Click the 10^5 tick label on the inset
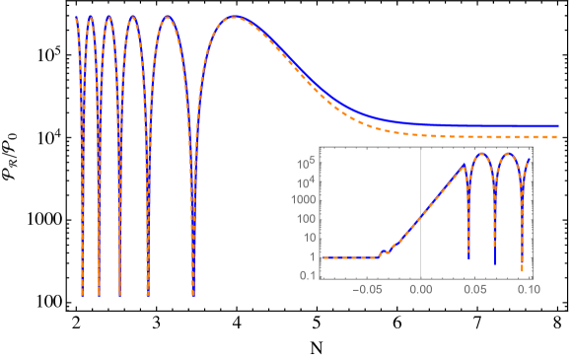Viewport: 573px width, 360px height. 307,160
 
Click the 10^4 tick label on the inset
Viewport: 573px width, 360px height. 307,180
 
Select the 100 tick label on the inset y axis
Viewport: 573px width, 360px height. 305,218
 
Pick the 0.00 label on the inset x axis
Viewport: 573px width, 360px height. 421,291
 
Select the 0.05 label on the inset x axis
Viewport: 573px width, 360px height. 474,291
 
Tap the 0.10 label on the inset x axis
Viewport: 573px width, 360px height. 528,291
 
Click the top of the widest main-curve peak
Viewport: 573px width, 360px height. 235,18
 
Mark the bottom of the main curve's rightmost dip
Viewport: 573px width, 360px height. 193,294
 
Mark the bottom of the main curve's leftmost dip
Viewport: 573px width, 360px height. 82,294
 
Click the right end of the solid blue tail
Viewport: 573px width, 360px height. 557,125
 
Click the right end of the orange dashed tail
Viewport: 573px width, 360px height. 557,137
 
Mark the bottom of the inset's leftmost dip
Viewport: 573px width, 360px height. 468,259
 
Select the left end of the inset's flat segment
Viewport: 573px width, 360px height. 322,257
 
